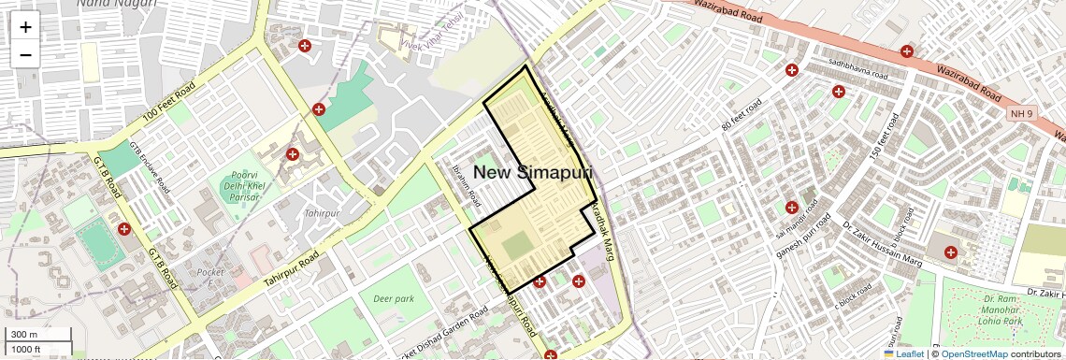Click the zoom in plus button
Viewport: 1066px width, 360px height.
point(25,27)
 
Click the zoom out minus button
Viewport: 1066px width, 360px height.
point(25,55)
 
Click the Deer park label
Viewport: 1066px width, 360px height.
point(393,299)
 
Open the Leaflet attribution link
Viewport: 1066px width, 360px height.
point(903,353)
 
